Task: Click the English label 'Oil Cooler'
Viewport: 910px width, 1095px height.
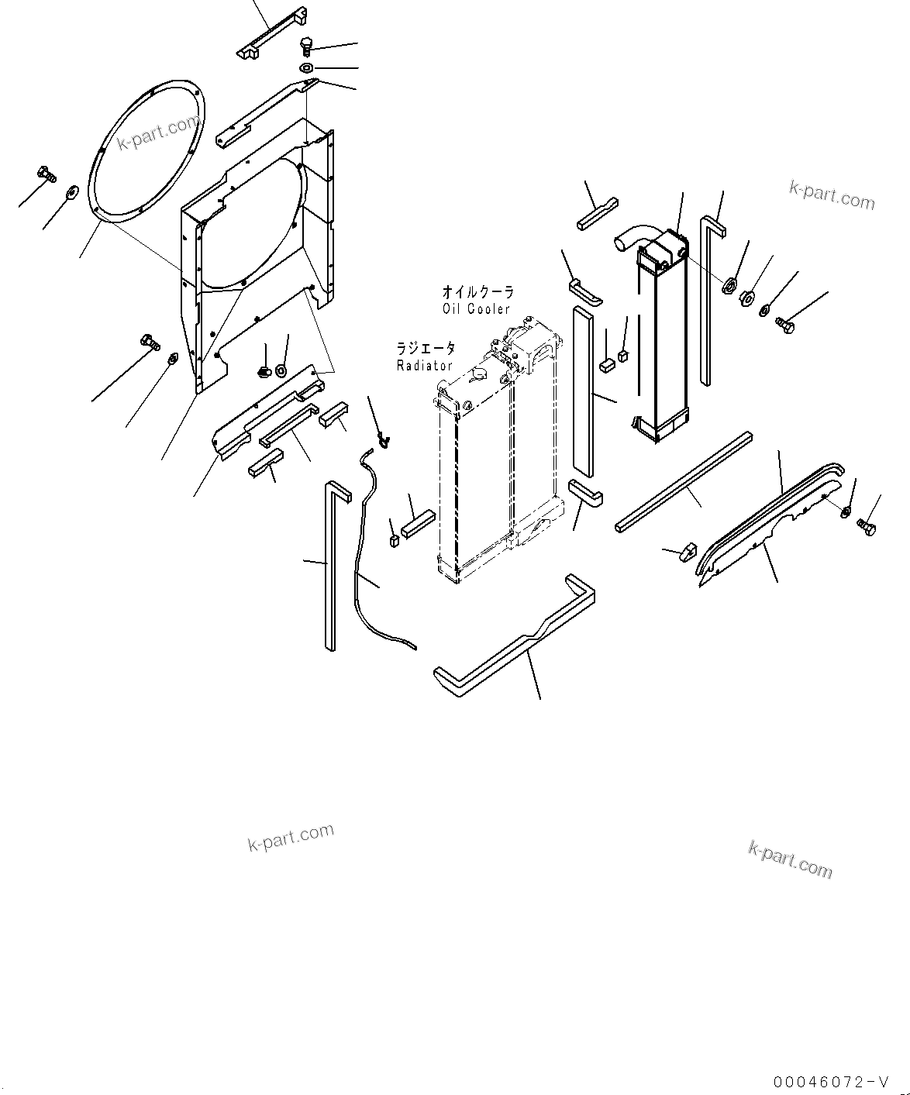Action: click(477, 308)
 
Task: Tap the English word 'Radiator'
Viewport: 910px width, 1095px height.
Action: click(424, 365)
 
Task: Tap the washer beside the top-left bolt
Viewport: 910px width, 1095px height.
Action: click(73, 191)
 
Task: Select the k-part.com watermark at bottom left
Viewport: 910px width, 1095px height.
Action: click(291, 837)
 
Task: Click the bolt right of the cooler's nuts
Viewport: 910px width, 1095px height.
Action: click(784, 327)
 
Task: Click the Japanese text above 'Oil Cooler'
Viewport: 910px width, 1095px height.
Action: click(477, 292)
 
